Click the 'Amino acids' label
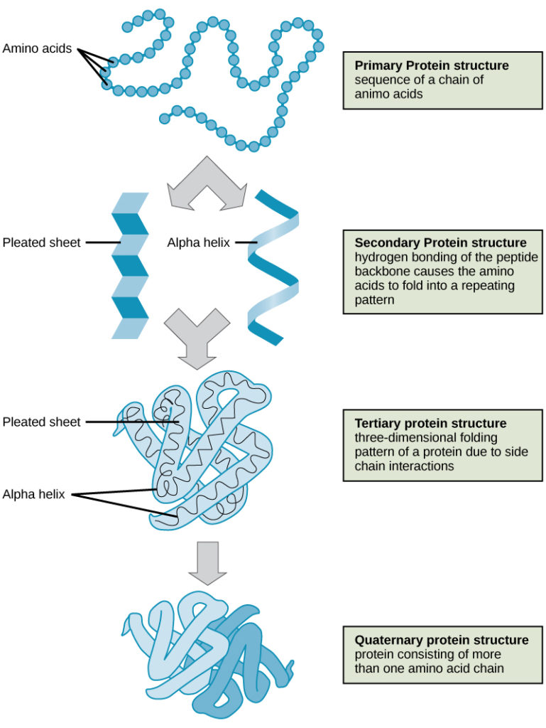[37, 48]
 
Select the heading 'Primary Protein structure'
[432, 65]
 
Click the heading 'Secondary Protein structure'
[440, 242]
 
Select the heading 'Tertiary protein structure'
[430, 424]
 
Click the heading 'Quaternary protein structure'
[442, 640]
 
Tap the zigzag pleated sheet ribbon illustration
[130, 264]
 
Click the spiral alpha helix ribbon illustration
[273, 267]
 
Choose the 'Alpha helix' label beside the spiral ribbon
[198, 242]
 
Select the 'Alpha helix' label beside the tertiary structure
[33, 494]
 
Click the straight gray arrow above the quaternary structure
[207, 562]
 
